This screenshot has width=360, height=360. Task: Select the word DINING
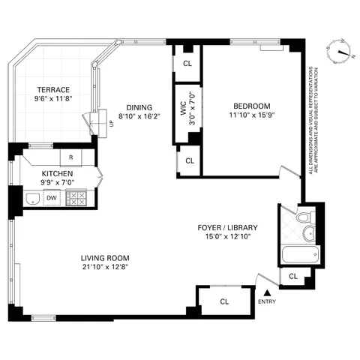click(x=139, y=106)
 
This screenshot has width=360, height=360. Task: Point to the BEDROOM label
click(x=250, y=106)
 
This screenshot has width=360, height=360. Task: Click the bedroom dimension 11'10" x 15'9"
click(x=250, y=115)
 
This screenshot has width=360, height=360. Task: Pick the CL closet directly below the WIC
click(x=190, y=160)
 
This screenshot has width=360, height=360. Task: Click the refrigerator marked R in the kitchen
click(x=70, y=157)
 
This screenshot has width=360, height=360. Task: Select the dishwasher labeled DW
click(x=52, y=198)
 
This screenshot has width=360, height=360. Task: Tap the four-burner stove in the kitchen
click(x=76, y=198)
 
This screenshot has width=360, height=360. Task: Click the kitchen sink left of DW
click(x=31, y=198)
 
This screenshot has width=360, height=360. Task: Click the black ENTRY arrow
click(x=266, y=291)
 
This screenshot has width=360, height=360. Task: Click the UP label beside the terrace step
click(x=112, y=124)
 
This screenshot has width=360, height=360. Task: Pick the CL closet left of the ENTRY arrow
click(x=224, y=301)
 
